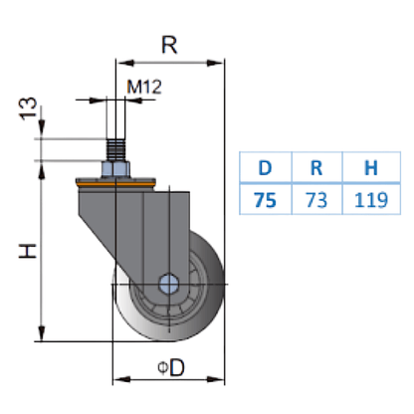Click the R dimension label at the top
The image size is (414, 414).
click(170, 45)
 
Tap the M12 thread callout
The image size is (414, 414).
click(143, 87)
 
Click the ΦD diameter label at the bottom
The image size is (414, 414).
click(168, 369)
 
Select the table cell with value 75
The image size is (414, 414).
click(265, 200)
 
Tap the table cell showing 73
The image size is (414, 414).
click(314, 200)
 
